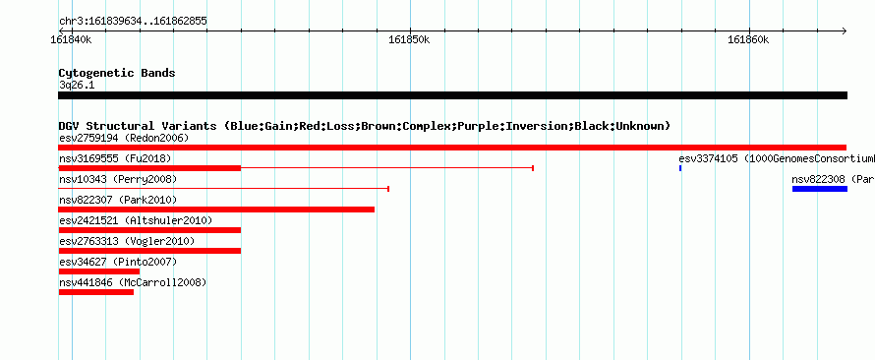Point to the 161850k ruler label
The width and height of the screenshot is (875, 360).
click(410, 40)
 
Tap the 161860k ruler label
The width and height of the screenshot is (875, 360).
click(748, 40)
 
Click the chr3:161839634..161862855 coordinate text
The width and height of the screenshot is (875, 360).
click(133, 22)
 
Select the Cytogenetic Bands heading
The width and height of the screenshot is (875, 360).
click(117, 73)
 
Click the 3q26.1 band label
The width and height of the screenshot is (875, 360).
click(77, 86)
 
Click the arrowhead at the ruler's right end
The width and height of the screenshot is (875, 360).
click(845, 30)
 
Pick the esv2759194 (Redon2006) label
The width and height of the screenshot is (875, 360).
click(124, 138)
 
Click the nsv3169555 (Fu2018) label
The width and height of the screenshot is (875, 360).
click(115, 158)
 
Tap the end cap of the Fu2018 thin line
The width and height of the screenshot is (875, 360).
click(533, 168)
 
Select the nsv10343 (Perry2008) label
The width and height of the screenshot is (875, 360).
click(118, 179)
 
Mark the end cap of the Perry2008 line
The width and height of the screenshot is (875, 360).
click(387, 189)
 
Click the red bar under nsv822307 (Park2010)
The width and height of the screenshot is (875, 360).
click(216, 210)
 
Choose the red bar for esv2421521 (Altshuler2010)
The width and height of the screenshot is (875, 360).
click(149, 230)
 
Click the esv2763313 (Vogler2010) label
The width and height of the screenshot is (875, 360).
click(127, 241)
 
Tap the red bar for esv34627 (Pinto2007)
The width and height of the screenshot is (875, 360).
click(98, 271)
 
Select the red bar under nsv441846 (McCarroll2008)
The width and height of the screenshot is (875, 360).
click(96, 292)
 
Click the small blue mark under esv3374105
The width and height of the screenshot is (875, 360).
click(680, 168)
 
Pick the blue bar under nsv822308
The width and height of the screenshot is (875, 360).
click(820, 189)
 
